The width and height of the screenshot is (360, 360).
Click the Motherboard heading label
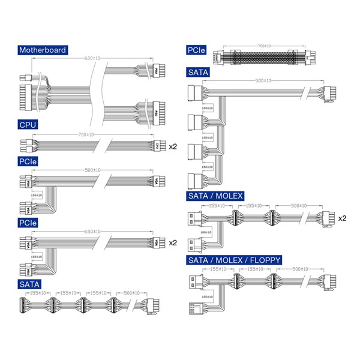(42, 50)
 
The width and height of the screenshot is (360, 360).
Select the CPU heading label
(28, 125)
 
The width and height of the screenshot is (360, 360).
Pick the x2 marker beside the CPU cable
(173, 146)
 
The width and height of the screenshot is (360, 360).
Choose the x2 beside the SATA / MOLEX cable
(342, 218)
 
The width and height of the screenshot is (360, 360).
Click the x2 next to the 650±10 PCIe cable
(173, 243)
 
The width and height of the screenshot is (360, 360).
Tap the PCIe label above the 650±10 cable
(29, 223)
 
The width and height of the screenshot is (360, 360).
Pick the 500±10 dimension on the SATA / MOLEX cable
(296, 205)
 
